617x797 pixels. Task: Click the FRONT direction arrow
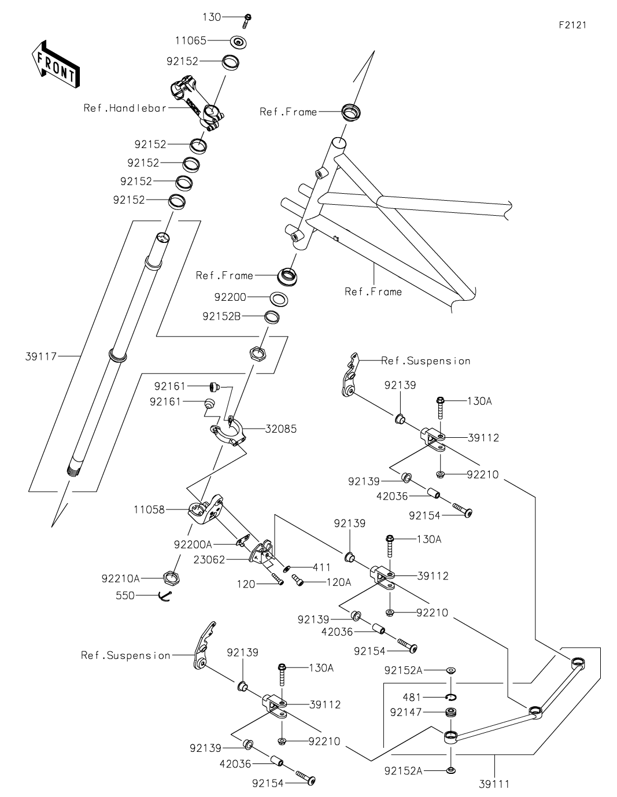(56, 65)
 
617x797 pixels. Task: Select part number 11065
(191, 40)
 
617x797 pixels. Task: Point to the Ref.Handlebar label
(125, 108)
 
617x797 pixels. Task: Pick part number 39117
(41, 357)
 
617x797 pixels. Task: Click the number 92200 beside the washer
(230, 297)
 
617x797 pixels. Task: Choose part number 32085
(281, 429)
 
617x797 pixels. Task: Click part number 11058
(149, 510)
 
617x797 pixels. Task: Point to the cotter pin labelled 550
(165, 596)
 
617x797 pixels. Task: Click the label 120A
(339, 582)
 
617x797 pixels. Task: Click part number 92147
(407, 713)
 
